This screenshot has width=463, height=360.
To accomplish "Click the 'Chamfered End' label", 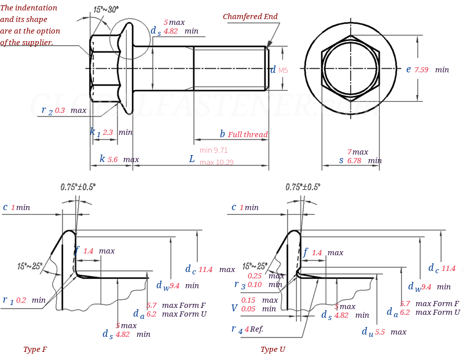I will pyautogui.click(x=250, y=17).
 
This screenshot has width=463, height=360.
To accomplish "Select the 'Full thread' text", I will pyautogui.click(x=248, y=135).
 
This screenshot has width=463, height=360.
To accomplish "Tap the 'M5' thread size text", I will pyautogui.click(x=283, y=71).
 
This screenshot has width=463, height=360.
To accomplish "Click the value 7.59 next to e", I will pyautogui.click(x=421, y=70).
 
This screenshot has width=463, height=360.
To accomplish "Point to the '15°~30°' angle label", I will pyautogui.click(x=105, y=10).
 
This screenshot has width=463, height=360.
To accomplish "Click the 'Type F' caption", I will pyautogui.click(x=35, y=350).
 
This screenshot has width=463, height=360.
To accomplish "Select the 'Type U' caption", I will pyautogui.click(x=273, y=350).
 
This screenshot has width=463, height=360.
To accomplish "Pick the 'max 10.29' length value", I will pyautogui.click(x=216, y=163).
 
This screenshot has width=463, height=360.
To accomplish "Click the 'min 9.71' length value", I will pyautogui.click(x=214, y=150).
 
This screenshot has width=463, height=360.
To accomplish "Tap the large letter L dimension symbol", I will pyautogui.click(x=192, y=159).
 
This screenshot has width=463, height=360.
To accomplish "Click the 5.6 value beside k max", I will pyautogui.click(x=112, y=160).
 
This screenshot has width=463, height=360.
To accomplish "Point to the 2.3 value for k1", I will pyautogui.click(x=108, y=133).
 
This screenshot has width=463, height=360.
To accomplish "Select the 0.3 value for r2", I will pyautogui.click(x=60, y=111).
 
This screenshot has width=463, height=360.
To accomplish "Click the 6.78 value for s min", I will pyautogui.click(x=354, y=161).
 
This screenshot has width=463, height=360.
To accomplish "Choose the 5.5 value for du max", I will pyautogui.click(x=380, y=332).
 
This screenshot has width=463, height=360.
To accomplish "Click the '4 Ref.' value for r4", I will pyautogui.click(x=254, y=329).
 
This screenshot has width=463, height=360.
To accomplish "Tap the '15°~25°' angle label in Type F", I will pyautogui.click(x=30, y=266).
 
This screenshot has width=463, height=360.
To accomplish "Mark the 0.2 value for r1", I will pyautogui.click(x=21, y=300).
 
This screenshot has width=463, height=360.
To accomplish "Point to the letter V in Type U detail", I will pyautogui.click(x=234, y=308).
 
